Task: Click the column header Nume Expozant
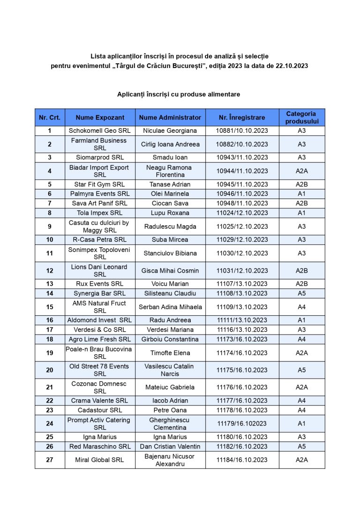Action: pos(100,117)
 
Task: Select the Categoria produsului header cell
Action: pos(301,117)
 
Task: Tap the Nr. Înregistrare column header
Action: pos(242,117)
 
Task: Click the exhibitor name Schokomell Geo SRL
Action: pos(100,130)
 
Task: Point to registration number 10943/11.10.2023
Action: pos(242,157)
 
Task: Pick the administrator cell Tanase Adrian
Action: pos(170,184)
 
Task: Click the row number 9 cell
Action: pos(50,226)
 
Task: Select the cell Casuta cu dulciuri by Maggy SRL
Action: pos(100,226)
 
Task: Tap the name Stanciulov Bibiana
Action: pos(170,253)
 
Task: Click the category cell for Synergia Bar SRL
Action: pos(301,293)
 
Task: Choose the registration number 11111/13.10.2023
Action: pos(242,320)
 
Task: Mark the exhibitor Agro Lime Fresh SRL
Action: pos(100,339)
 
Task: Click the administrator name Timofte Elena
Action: pos(170,353)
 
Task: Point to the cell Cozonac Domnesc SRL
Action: pos(100,387)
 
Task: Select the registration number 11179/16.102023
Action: pos(242,423)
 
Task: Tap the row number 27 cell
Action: pos(50,460)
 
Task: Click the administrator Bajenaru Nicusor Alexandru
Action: pos(170,460)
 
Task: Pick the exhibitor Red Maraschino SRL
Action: pos(100,446)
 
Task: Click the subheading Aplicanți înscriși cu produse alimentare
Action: pos(179,94)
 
